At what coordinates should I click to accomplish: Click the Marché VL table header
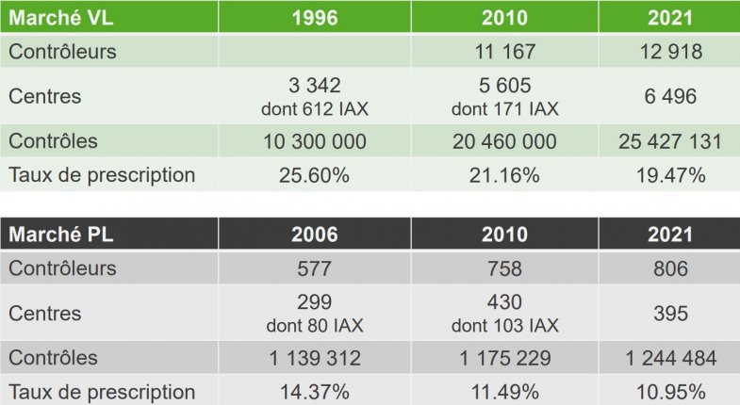coord(59,18)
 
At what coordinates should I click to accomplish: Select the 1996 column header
coord(316,18)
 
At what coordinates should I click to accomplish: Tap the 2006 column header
coord(316,235)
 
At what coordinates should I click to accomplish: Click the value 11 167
coord(504,51)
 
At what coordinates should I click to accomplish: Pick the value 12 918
coord(670,51)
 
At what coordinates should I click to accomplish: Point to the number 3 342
coord(316,87)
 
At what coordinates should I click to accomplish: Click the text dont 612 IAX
coord(316,108)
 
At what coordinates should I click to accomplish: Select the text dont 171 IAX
coord(504,108)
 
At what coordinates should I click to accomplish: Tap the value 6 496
coord(670,96)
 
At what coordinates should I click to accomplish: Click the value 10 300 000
coord(316,142)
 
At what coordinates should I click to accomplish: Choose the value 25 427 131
coord(670,142)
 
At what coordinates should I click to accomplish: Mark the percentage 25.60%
coord(316,174)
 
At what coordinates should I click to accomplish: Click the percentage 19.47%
coord(670,174)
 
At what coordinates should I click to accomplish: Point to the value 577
coord(316,267)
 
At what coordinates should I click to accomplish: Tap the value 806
coord(670,267)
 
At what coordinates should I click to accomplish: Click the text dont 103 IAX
coord(504,326)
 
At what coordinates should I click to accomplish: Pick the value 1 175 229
coord(504,359)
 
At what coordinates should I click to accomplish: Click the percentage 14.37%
coord(316,391)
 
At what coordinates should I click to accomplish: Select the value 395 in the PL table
coord(670,314)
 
